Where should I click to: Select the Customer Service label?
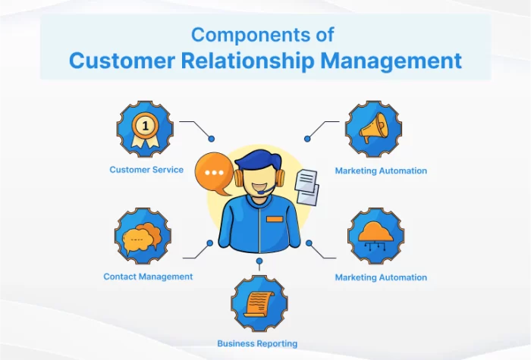click(x=146, y=170)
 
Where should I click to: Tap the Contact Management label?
click(x=148, y=277)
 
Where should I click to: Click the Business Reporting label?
click(x=257, y=343)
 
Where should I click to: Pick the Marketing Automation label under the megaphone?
click(x=381, y=171)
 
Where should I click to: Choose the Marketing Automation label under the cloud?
click(x=381, y=277)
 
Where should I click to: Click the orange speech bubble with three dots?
click(x=214, y=173)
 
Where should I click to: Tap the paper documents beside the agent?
click(x=306, y=186)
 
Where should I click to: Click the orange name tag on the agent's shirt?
click(x=275, y=219)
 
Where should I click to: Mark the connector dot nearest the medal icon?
click(x=212, y=139)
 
